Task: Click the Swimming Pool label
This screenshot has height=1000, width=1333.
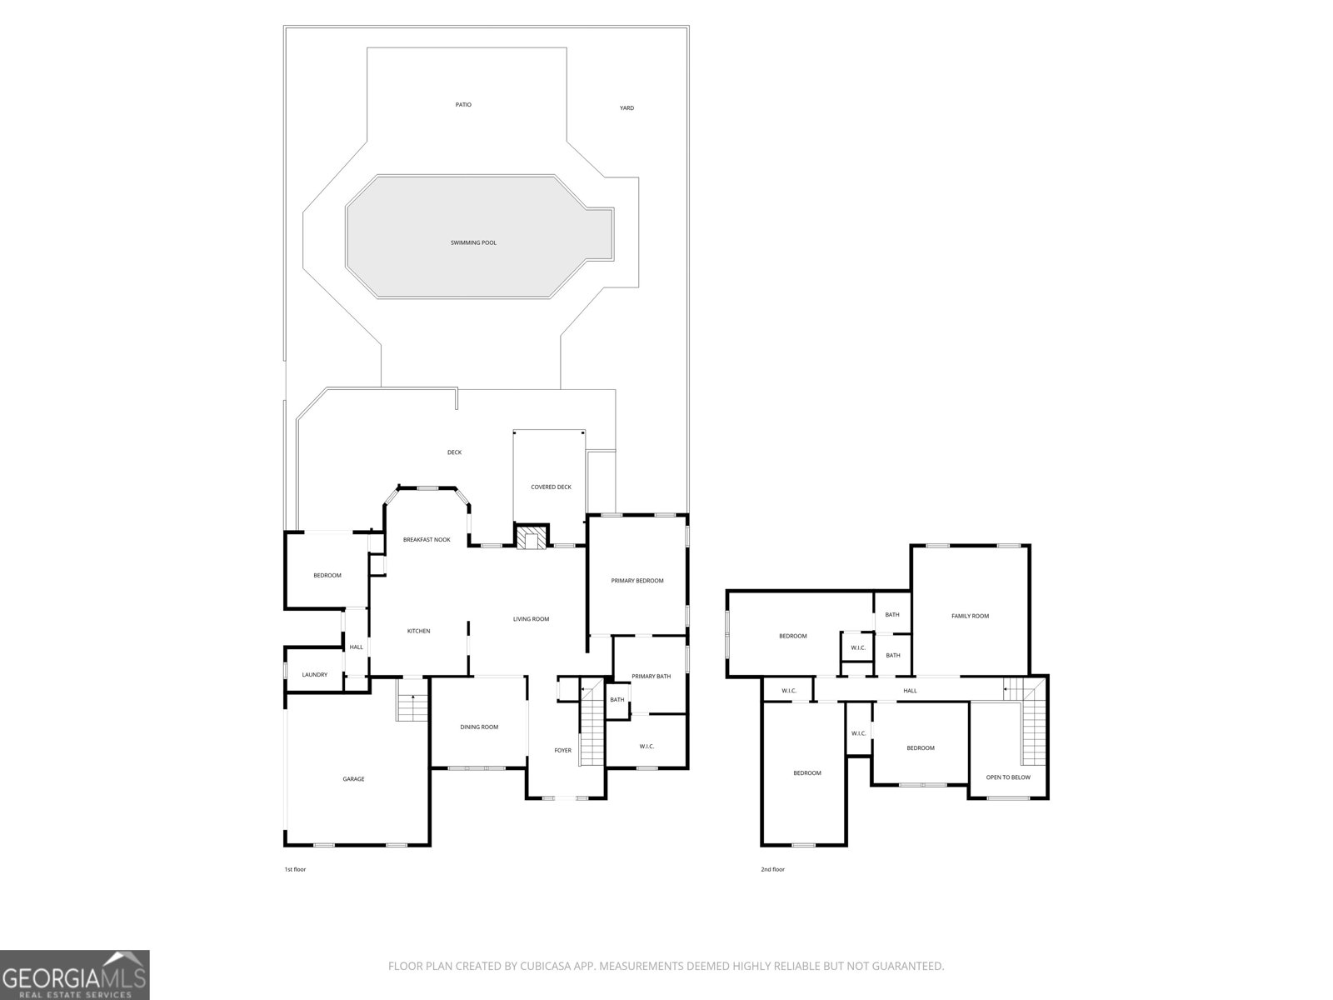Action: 473,242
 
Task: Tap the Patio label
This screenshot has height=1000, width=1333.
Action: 463,105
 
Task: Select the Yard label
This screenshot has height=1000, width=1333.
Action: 627,108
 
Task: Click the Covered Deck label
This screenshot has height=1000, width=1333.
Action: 551,487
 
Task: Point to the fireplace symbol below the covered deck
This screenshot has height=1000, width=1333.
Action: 532,537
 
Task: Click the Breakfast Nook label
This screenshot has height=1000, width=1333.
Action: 427,540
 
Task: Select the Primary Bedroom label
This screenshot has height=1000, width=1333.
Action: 637,581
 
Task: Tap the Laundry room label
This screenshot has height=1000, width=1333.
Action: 314,675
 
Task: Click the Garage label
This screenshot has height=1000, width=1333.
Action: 353,779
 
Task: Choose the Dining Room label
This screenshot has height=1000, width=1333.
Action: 479,727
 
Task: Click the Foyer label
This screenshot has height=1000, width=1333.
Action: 563,751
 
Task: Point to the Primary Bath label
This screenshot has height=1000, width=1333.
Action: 651,677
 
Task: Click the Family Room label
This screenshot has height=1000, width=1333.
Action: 970,616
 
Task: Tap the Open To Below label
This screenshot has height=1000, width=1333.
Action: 1008,777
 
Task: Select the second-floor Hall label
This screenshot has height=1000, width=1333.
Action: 910,691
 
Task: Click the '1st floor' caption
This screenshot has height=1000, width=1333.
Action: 295,870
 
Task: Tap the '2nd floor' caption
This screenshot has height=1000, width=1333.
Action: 772,870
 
